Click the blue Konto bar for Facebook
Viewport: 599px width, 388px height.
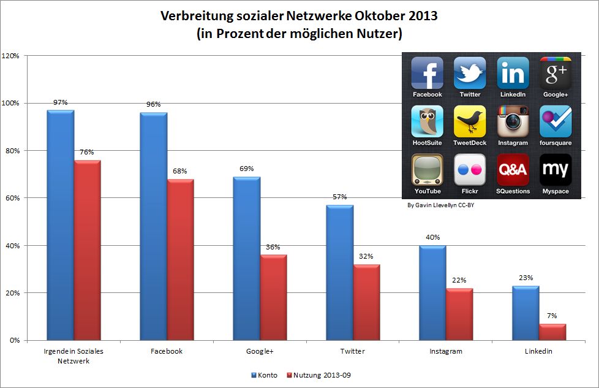153,226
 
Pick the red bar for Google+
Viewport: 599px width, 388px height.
273,297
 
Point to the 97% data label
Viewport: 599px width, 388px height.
60,102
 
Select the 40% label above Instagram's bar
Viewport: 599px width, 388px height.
433,237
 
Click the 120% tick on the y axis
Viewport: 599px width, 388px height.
11,56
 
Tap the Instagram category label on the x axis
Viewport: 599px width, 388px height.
433,351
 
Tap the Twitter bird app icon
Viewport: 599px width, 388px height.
470,73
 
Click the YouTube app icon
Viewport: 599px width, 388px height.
427,169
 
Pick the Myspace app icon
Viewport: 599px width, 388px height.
555,169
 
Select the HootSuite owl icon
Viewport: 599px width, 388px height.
427,121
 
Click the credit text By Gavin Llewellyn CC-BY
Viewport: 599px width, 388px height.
440,205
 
